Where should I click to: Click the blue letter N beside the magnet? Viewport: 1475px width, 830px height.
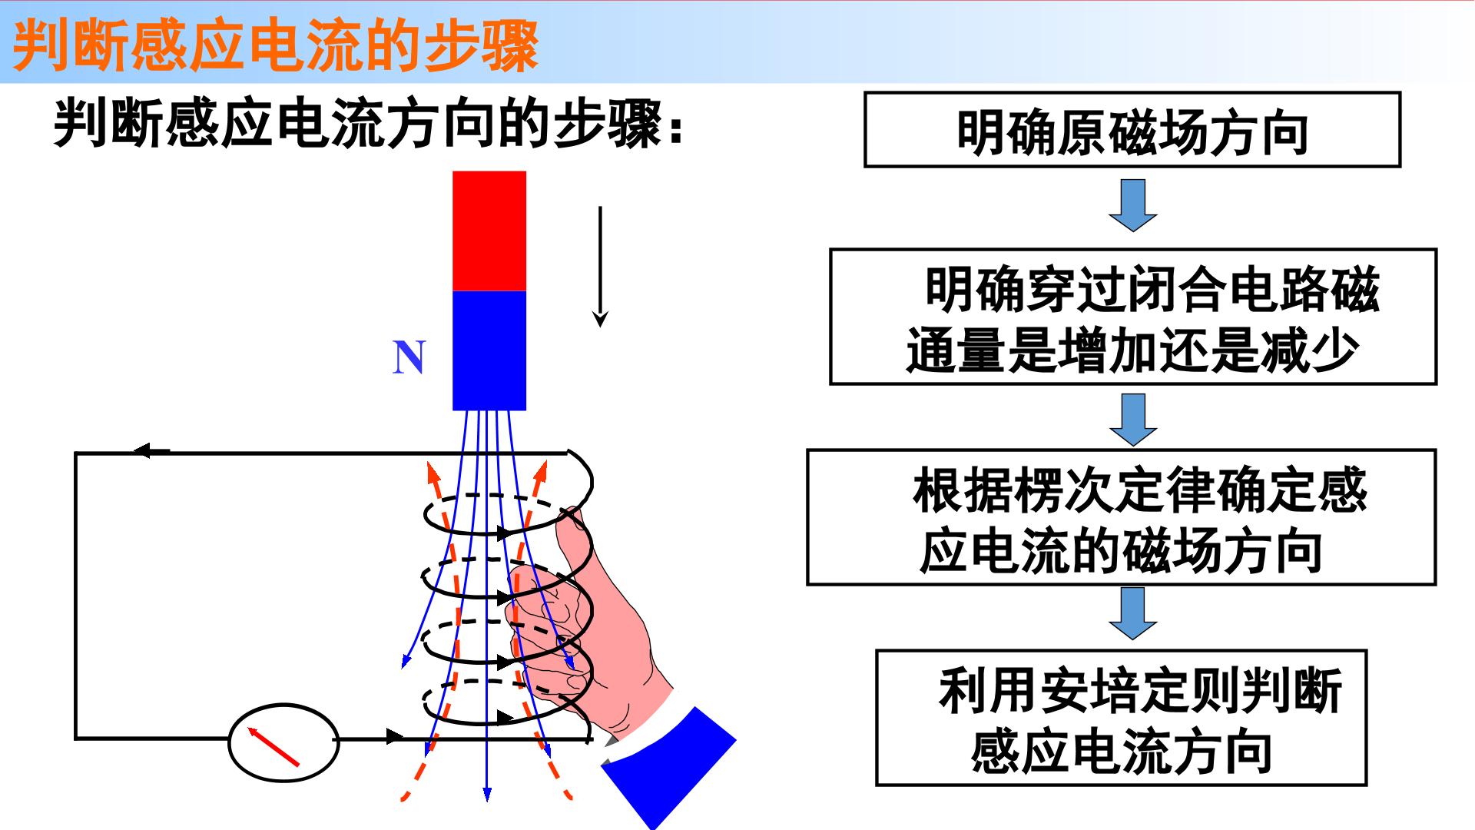(409, 357)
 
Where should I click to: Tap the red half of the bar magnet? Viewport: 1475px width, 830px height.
(489, 231)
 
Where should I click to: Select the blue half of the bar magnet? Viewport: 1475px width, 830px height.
(489, 350)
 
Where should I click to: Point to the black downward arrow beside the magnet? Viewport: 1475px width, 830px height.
(600, 267)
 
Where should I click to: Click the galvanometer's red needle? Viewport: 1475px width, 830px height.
(273, 747)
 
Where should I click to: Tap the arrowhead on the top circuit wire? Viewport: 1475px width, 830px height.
(151, 450)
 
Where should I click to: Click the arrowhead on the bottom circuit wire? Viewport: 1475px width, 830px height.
(394, 736)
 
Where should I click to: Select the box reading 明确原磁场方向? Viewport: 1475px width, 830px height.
(1132, 129)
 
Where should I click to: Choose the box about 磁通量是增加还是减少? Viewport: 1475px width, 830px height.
(1133, 317)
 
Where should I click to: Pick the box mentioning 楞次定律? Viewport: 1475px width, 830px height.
(1122, 517)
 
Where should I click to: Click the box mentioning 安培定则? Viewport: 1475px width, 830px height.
(1122, 718)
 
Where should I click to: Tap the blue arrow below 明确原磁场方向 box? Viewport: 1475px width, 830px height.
(1133, 205)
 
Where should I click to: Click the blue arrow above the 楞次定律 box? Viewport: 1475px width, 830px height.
(1133, 420)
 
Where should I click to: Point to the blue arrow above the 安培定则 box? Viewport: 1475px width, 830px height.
(1133, 613)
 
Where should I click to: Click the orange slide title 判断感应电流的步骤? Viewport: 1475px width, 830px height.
(275, 46)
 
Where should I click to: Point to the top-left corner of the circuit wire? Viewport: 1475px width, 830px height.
(75, 453)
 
